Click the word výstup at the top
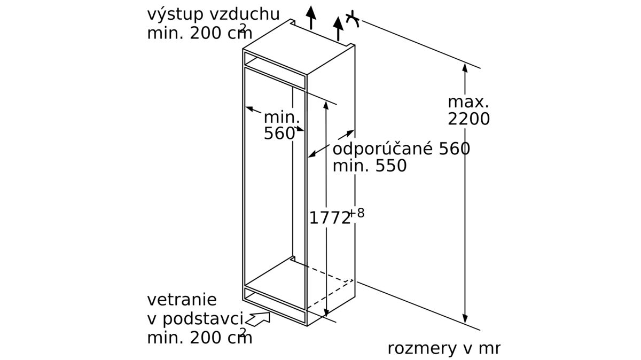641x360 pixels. point(175,14)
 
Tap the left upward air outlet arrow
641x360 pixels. point(311,17)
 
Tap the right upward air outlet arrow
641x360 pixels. point(338,28)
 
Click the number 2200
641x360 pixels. point(469,119)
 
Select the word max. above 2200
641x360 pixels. point(468,102)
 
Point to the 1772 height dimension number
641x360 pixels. point(330,218)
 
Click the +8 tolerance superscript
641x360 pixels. point(357,213)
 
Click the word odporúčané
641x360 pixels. point(382,149)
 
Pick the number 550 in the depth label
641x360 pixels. point(391,166)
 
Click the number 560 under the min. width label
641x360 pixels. point(279,134)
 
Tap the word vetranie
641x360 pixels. point(182,300)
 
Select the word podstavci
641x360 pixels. point(203,319)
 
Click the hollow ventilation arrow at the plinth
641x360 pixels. point(258,319)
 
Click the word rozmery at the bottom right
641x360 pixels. point(422,349)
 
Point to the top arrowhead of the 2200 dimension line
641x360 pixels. point(465,67)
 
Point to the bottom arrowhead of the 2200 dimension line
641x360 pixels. point(465,318)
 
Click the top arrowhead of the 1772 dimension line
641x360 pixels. point(326,105)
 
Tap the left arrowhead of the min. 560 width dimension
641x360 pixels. point(250,109)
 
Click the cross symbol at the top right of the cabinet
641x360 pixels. point(353,19)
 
